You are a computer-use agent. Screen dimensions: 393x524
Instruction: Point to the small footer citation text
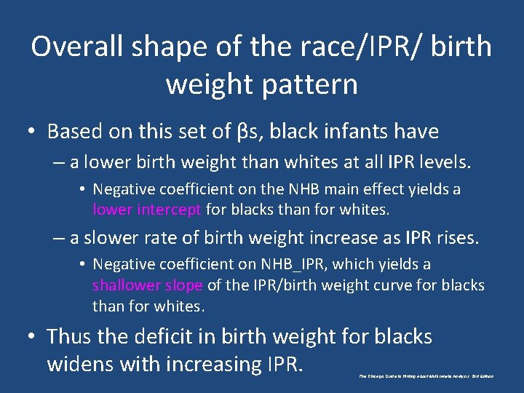pyautogui.click(x=426, y=376)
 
